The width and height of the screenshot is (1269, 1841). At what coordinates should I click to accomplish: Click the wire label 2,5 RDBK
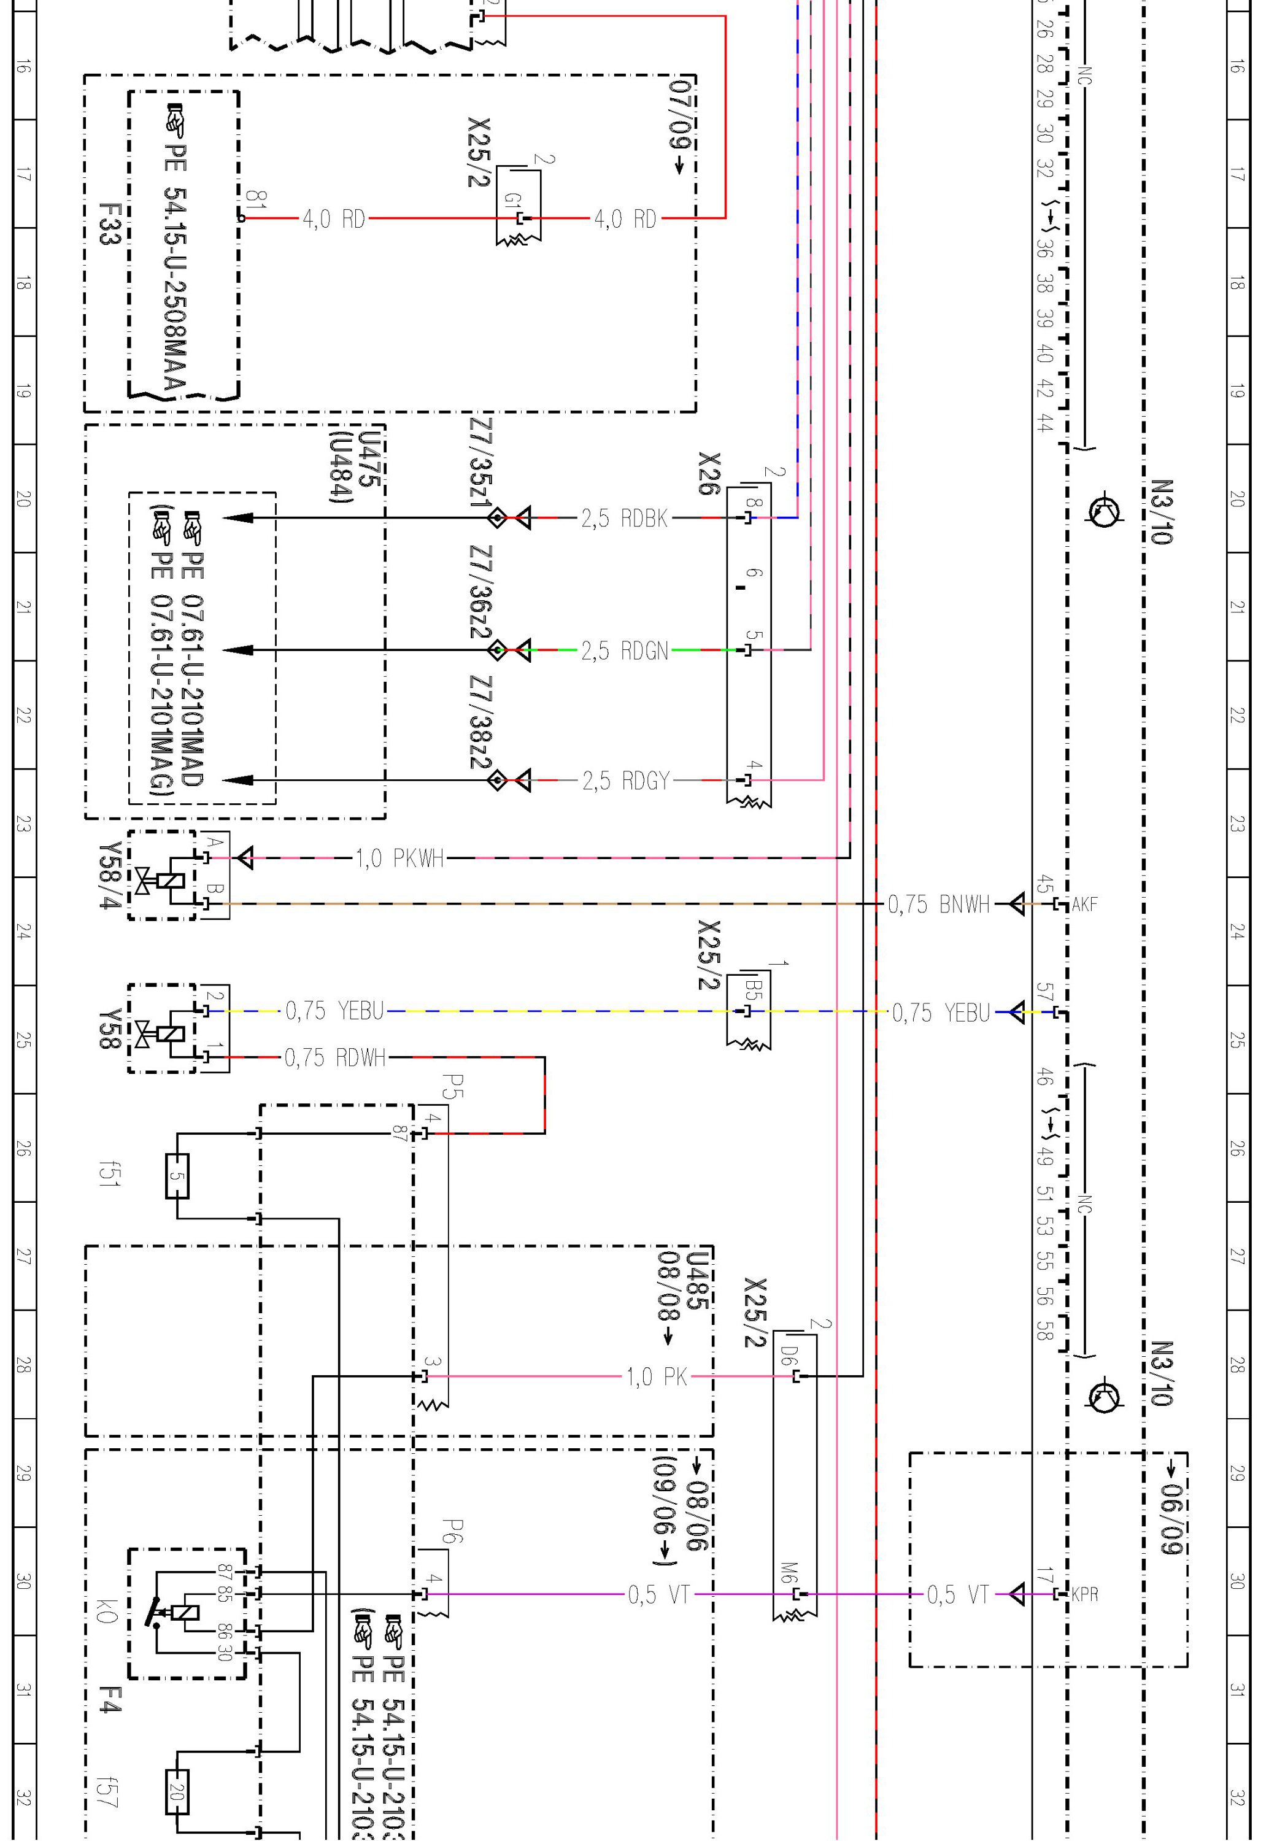pyautogui.click(x=624, y=519)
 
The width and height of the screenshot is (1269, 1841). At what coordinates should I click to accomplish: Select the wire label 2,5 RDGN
pyautogui.click(x=624, y=651)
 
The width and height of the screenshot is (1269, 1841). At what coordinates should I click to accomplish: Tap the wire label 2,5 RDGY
pyautogui.click(x=626, y=781)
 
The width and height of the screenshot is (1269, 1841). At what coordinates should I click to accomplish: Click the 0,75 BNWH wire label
pyautogui.click(x=938, y=904)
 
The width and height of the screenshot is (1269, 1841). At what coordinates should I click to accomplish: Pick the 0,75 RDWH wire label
pyautogui.click(x=335, y=1058)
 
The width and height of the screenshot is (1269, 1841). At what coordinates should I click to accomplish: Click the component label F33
pyautogui.click(x=109, y=223)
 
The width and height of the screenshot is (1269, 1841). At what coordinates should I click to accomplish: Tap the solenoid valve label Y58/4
pyautogui.click(x=109, y=874)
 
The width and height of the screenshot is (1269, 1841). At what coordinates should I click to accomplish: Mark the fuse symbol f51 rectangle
pyautogui.click(x=177, y=1176)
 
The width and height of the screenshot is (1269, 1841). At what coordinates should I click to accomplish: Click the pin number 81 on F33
pyautogui.click(x=256, y=199)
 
